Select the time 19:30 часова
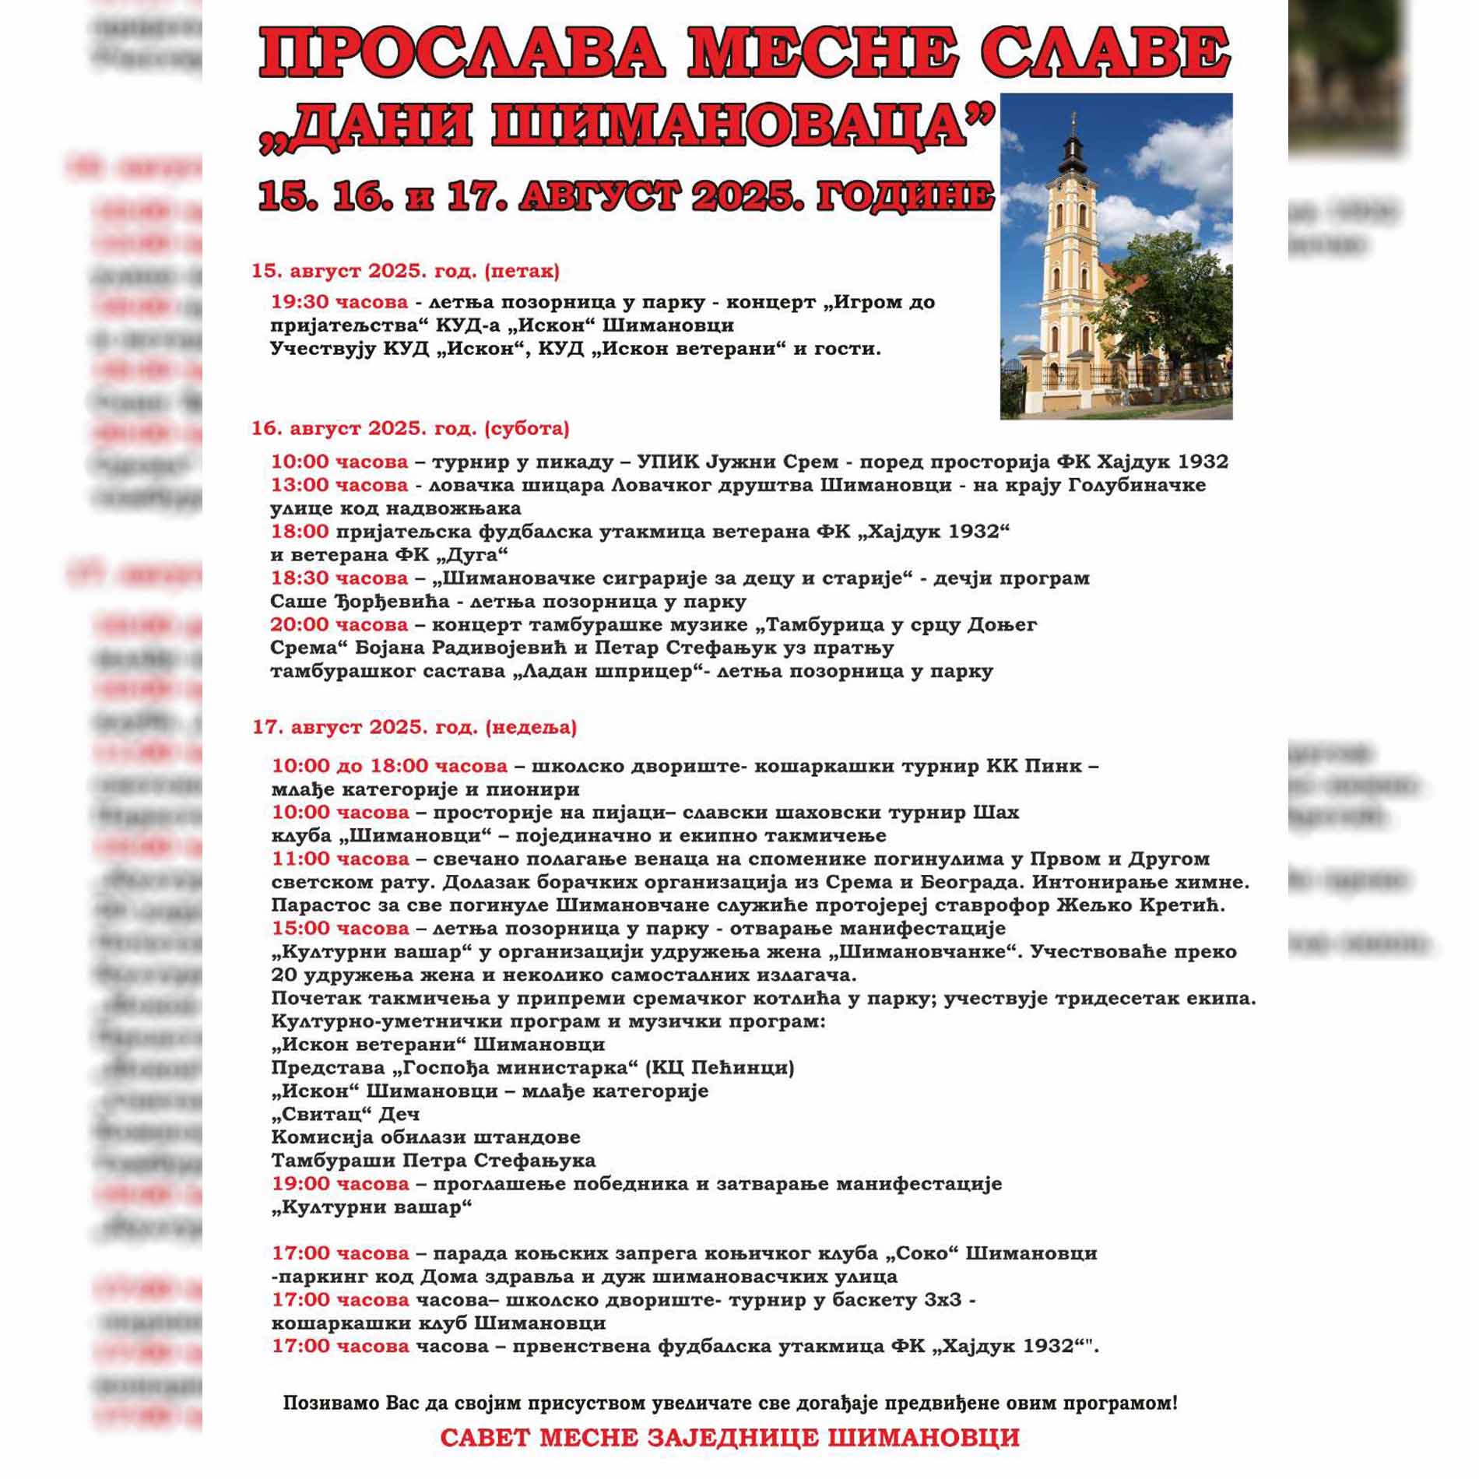pos(339,302)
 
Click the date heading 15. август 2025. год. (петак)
pos(405,271)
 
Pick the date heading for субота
pos(409,428)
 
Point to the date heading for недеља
pos(414,727)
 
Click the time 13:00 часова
pos(339,485)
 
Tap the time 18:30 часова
pos(339,578)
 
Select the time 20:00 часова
pos(339,624)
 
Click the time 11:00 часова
pos(340,859)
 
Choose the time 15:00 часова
pos(340,928)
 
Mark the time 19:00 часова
pos(340,1184)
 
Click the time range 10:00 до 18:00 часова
pos(389,766)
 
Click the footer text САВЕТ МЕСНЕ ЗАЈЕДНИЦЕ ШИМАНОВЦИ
pos(729,1437)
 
